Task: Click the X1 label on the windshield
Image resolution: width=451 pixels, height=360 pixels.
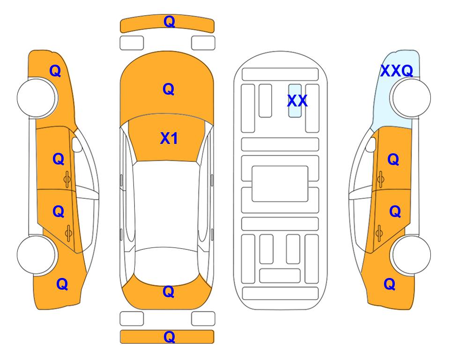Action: (x=169, y=138)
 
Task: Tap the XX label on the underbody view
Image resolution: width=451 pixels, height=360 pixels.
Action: (x=297, y=101)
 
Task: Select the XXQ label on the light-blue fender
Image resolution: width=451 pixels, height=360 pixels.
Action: (x=397, y=71)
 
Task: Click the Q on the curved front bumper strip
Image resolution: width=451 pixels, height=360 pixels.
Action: (x=169, y=22)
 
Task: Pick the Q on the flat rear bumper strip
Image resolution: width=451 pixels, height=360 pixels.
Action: (x=169, y=337)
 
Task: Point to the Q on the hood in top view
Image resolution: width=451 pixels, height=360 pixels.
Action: (x=169, y=89)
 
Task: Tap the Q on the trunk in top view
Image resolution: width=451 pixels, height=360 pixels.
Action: (x=169, y=292)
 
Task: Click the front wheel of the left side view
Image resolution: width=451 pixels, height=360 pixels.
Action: (x=37, y=98)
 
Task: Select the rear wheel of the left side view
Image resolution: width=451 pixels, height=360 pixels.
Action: (x=37, y=255)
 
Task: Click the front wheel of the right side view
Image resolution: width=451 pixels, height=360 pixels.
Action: (x=411, y=98)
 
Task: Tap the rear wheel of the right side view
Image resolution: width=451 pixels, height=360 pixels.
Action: (x=411, y=255)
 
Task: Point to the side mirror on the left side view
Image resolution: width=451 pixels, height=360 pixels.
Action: (x=77, y=144)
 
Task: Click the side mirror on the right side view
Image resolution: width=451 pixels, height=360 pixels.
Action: (x=370, y=144)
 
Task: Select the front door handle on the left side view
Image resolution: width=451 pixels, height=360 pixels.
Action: (x=67, y=180)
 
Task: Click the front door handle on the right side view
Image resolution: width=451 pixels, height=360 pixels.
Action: (x=380, y=180)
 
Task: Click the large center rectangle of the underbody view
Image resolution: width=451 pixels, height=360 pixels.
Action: (x=280, y=184)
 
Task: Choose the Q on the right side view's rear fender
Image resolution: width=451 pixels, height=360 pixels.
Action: (x=390, y=284)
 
